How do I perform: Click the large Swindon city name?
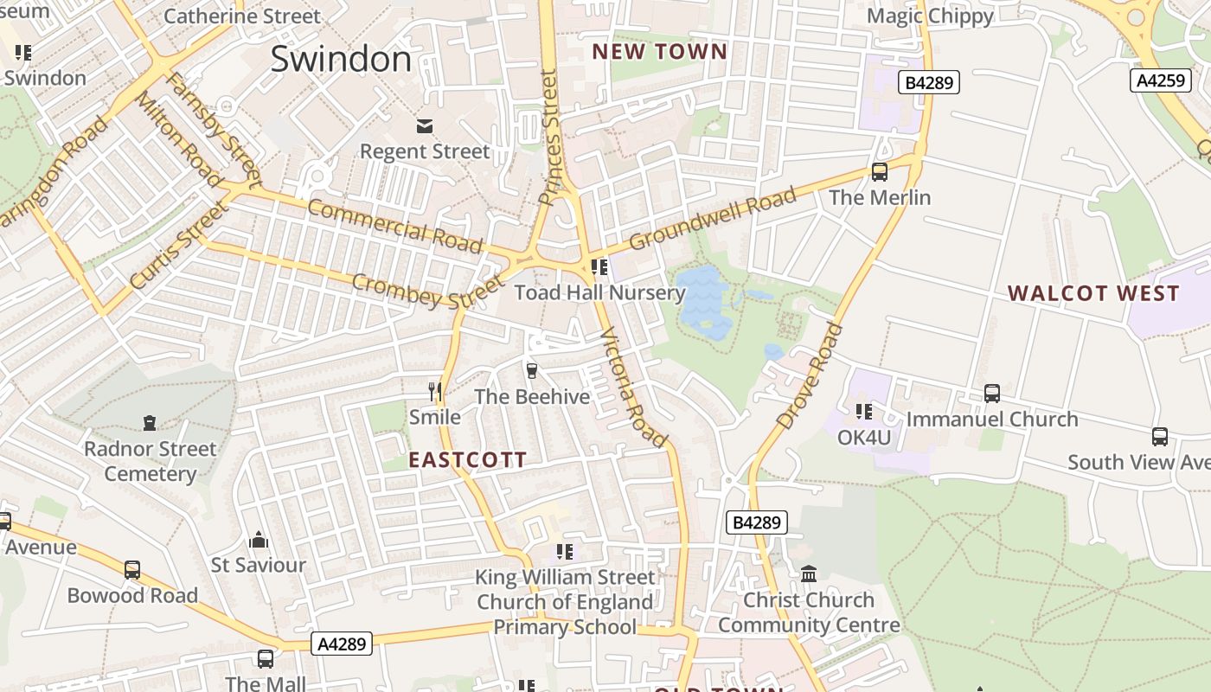341,59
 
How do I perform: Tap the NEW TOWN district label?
660,52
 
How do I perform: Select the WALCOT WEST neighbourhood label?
1093,293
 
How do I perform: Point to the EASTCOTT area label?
468,460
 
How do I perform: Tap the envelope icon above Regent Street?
425,126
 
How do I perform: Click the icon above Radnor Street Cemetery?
150,423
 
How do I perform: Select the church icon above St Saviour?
259,541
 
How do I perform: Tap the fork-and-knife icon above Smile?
435,392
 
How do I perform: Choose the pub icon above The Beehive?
532,371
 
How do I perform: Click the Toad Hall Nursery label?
599,292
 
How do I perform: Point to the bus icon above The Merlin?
880,171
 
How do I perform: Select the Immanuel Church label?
992,420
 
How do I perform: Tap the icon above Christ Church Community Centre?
809,573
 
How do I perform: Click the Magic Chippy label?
930,16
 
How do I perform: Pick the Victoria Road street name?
634,387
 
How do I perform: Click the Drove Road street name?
810,376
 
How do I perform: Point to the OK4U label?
863,438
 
